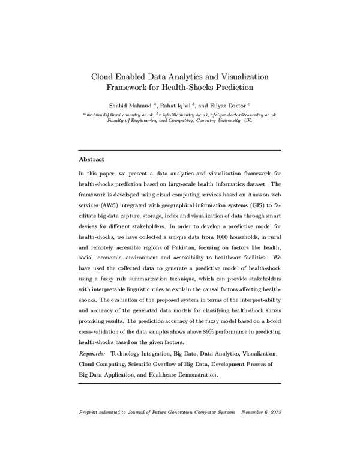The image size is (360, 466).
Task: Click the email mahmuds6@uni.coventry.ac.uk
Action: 118,114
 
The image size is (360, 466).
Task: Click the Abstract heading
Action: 92,160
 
